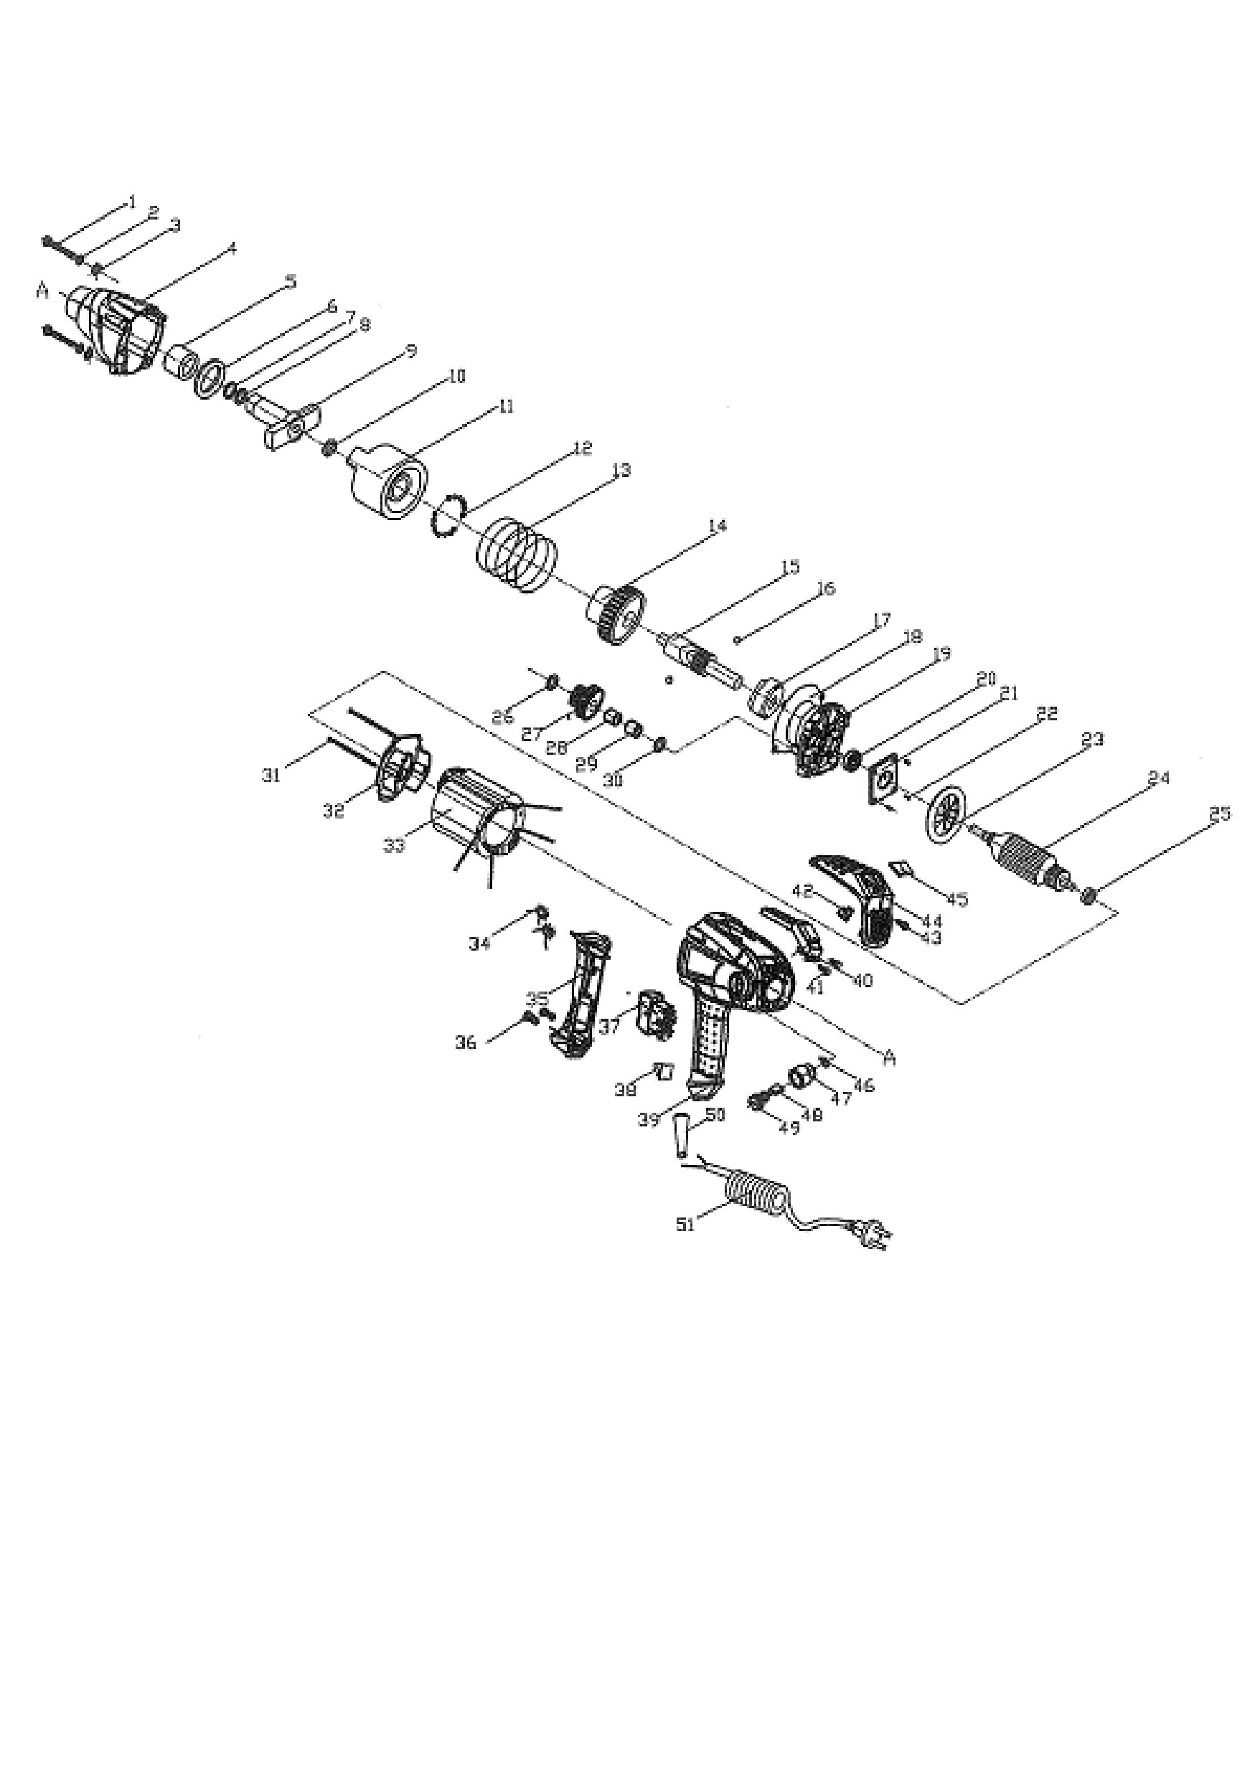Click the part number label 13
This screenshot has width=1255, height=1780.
(620, 470)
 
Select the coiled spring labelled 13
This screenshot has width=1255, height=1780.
(516, 555)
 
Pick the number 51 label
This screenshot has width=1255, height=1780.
(685, 1225)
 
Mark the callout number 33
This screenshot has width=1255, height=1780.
(394, 845)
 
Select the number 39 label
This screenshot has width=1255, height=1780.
(649, 1119)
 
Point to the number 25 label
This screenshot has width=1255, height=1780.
(1219, 814)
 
